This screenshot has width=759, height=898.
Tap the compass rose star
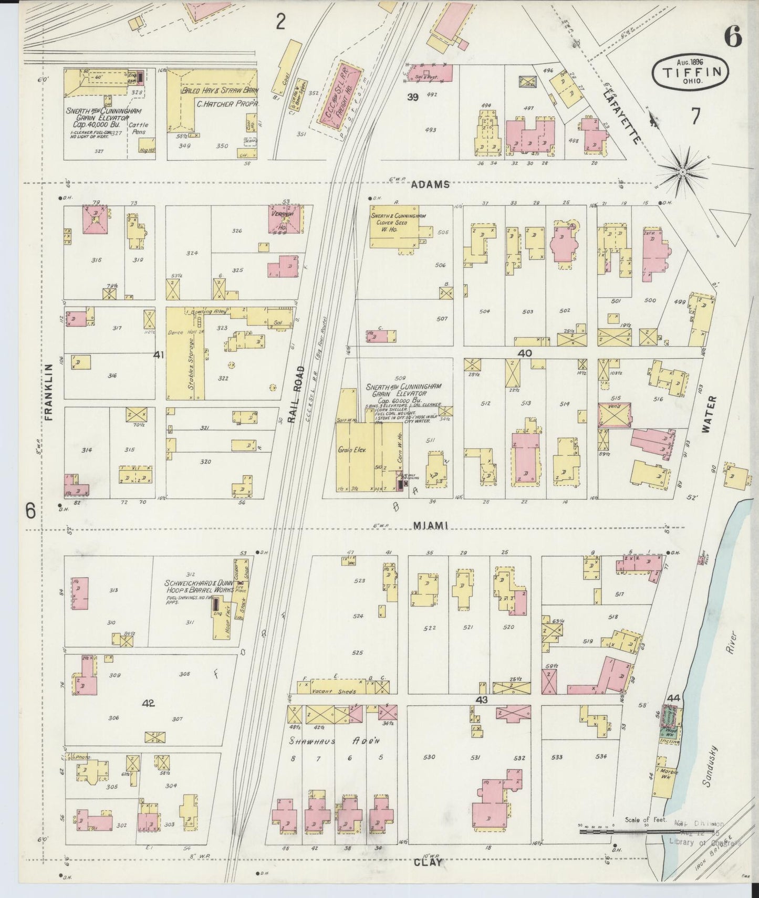click(x=683, y=172)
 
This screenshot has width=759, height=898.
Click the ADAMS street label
click(x=430, y=184)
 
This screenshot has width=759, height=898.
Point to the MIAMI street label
click(x=430, y=525)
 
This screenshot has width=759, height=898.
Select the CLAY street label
click(x=428, y=862)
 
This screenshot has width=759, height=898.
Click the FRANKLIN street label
click(x=49, y=392)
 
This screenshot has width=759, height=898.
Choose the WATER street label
click(x=705, y=414)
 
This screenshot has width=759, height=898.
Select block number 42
click(x=149, y=703)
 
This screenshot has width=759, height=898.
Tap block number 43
click(x=482, y=700)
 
